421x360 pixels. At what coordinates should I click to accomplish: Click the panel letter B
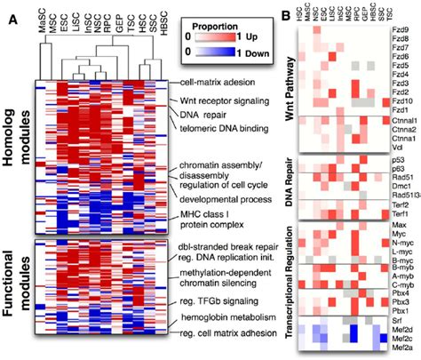click(x=282, y=12)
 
